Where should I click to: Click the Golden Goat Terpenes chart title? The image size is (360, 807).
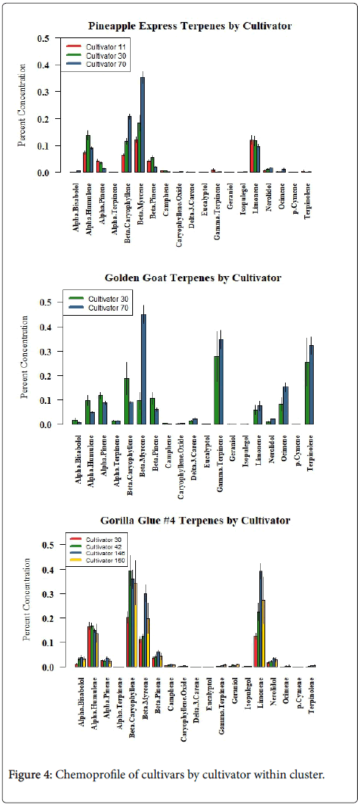tap(192, 278)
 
